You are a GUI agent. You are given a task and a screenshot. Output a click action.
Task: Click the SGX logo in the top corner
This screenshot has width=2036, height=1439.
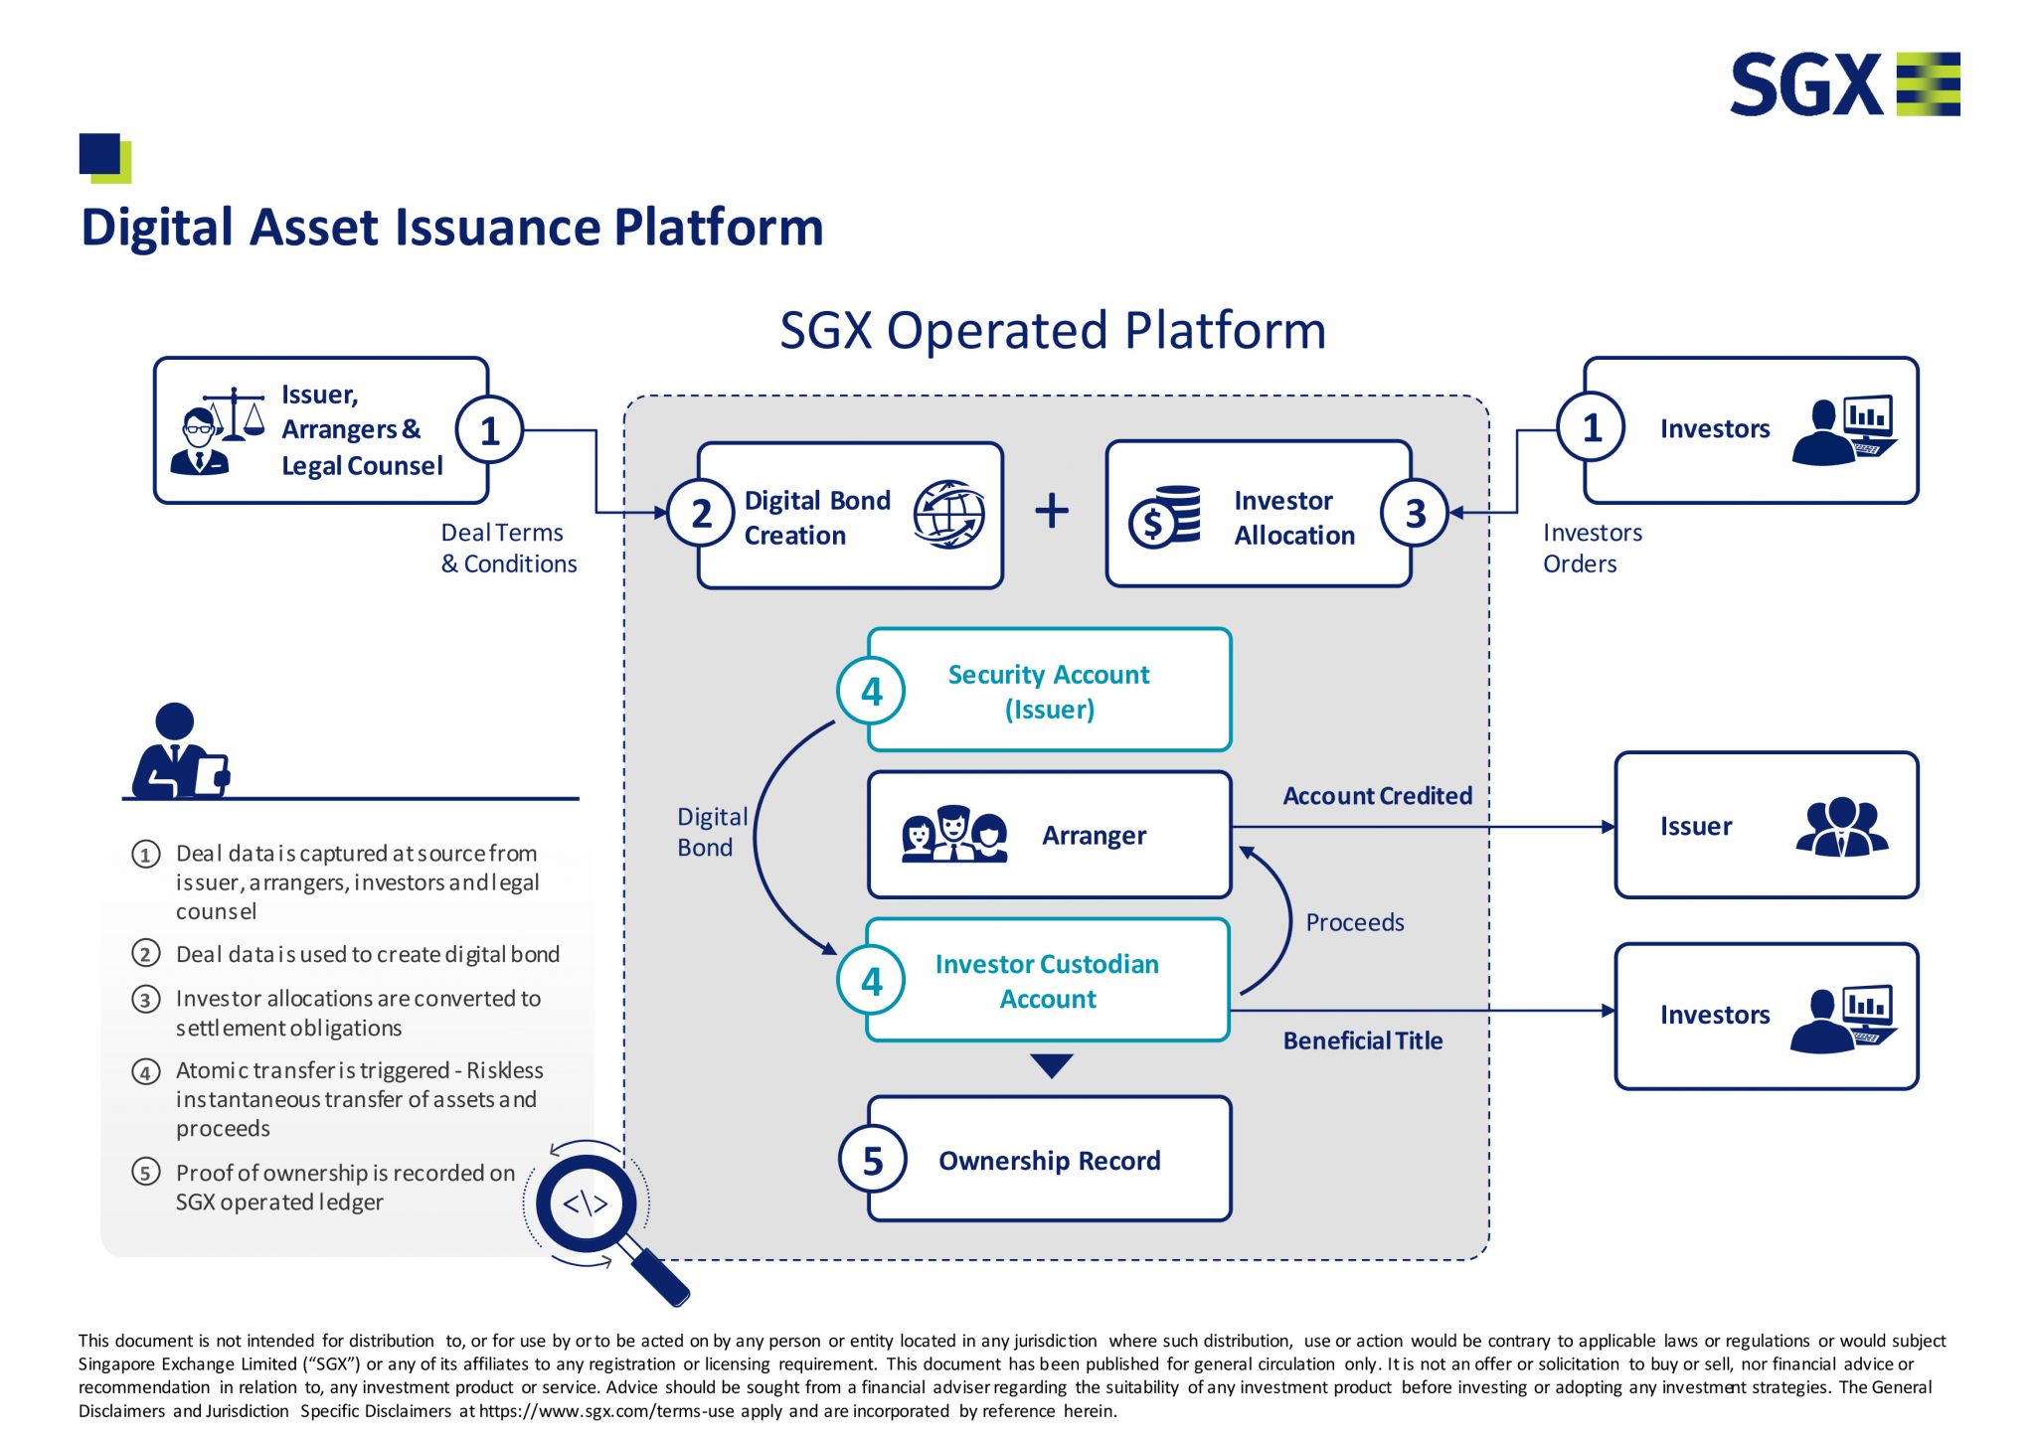[1844, 84]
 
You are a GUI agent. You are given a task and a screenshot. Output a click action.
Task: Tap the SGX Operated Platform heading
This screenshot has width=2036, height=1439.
[1052, 331]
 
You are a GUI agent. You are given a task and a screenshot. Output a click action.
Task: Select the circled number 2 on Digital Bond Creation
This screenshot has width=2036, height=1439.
[702, 514]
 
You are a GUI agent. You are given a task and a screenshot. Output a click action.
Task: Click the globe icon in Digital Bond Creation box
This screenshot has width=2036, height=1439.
[948, 514]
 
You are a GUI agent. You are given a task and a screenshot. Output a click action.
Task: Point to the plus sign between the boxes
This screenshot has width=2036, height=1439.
[1052, 512]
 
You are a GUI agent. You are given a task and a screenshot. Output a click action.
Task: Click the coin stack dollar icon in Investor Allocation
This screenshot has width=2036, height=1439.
[1164, 517]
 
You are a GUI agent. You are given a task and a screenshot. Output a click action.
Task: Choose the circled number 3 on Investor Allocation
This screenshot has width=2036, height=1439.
[1415, 514]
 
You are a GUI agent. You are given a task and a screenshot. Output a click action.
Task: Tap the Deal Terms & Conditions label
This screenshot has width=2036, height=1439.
[508, 548]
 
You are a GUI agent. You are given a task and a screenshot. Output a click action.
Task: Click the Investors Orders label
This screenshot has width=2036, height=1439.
[1592, 548]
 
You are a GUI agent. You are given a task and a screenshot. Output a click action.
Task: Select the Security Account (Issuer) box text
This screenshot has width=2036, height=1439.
[1049, 692]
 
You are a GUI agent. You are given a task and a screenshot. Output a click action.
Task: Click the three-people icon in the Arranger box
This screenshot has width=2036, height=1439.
[953, 835]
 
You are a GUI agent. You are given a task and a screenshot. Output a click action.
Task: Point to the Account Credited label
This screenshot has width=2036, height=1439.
[1377, 796]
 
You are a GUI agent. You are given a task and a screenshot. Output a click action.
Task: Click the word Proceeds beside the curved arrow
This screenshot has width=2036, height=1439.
[1354, 923]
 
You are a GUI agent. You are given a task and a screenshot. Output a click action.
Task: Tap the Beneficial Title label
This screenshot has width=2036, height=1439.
[1362, 1040]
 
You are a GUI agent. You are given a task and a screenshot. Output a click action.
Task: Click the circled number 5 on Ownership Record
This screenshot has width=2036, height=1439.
[872, 1161]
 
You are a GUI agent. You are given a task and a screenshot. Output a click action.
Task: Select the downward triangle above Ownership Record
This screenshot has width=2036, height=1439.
[1051, 1065]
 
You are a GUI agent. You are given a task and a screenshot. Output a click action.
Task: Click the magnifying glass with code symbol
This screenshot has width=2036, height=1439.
[588, 1204]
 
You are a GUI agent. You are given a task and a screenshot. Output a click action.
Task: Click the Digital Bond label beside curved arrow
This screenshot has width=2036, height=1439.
[711, 832]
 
